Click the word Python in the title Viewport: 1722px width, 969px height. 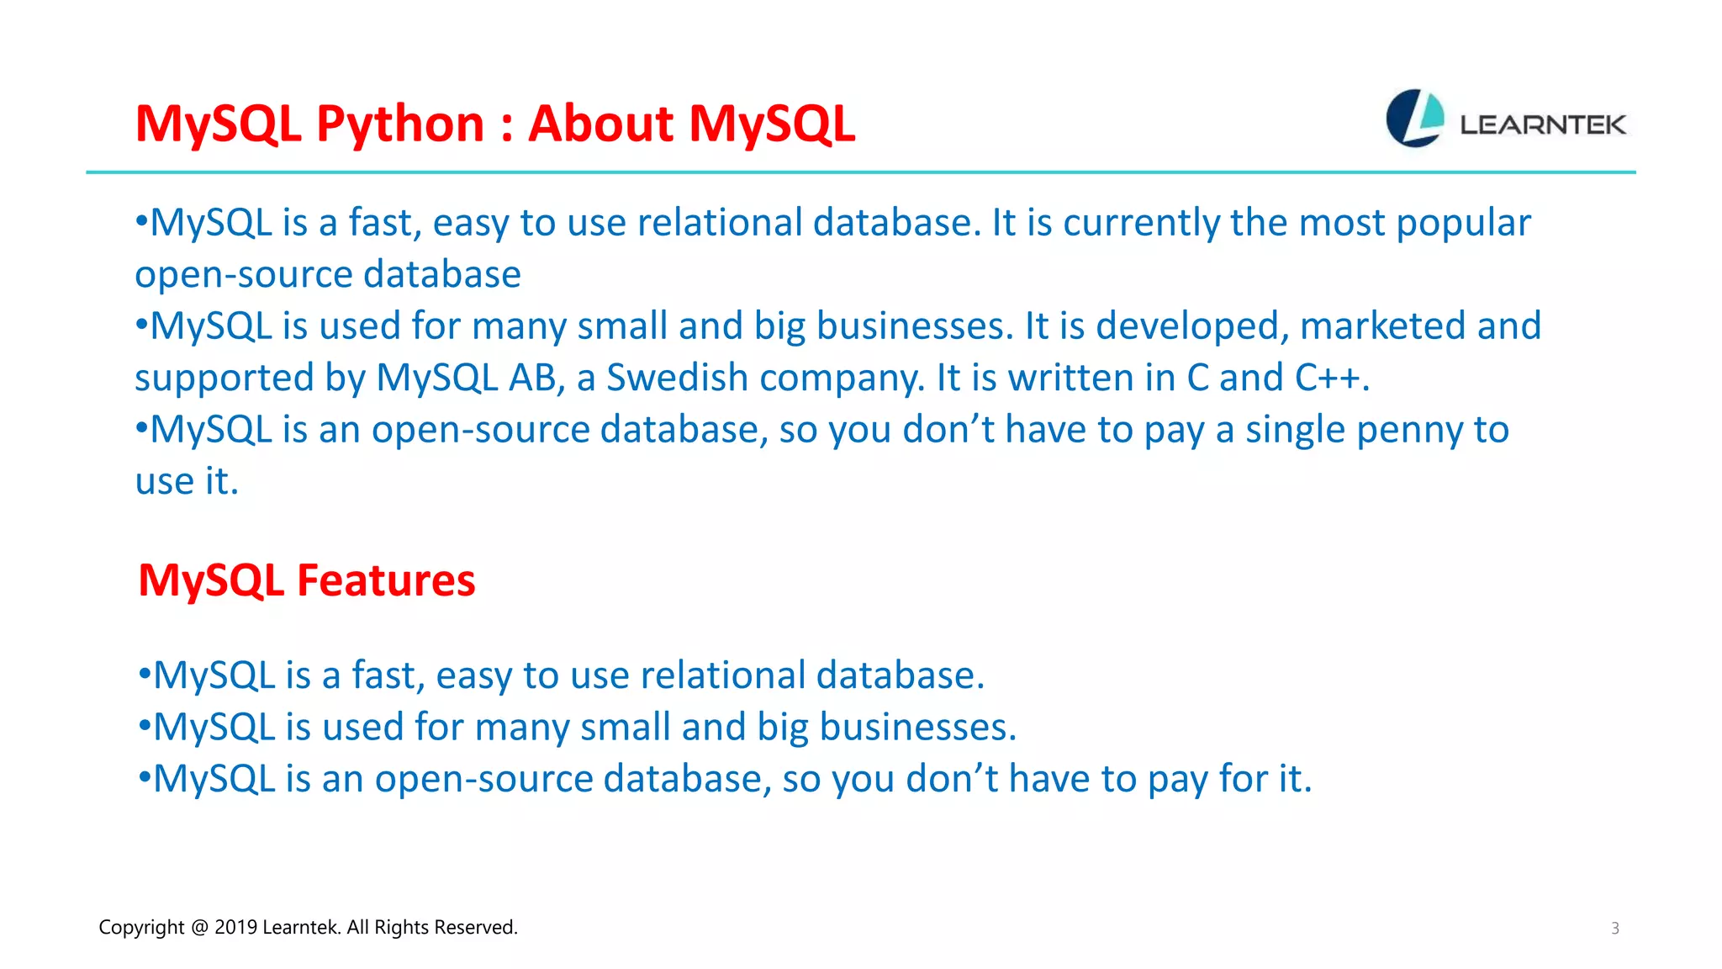(x=400, y=124)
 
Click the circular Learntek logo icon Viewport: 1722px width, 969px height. (x=1414, y=119)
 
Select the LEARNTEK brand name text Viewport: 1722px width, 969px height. (x=1542, y=125)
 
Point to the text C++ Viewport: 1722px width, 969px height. (x=1328, y=378)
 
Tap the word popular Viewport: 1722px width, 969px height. (x=1463, y=223)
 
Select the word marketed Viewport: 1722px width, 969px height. (x=1382, y=326)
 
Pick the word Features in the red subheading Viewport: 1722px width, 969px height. (x=386, y=580)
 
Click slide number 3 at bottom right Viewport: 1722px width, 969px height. (x=1614, y=929)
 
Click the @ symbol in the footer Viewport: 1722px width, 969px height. (x=199, y=927)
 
